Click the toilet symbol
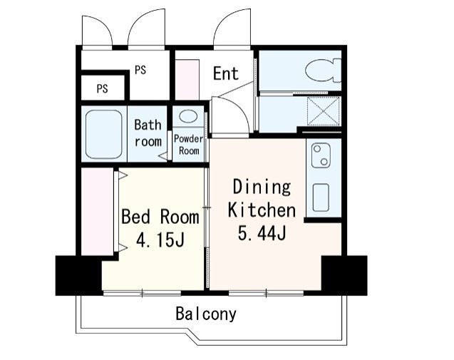pos(324,71)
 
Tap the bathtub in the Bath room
pos(103,134)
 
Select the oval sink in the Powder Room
pos(188,116)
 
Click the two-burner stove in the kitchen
pos(321,155)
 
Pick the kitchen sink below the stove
pos(321,197)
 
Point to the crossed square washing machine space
pos(324,111)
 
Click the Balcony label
pos(206,314)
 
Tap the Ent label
pos(226,73)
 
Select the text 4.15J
pos(160,240)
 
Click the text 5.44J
pos(262,232)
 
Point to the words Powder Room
pos(189,145)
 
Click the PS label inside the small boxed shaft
pos(102,88)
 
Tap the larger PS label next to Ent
pos(140,70)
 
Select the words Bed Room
pos(160,216)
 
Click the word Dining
pos(262,187)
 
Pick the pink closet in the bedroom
pos(97,212)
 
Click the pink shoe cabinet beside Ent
pos(187,80)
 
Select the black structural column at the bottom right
pos(344,275)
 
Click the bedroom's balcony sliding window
pos(142,293)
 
